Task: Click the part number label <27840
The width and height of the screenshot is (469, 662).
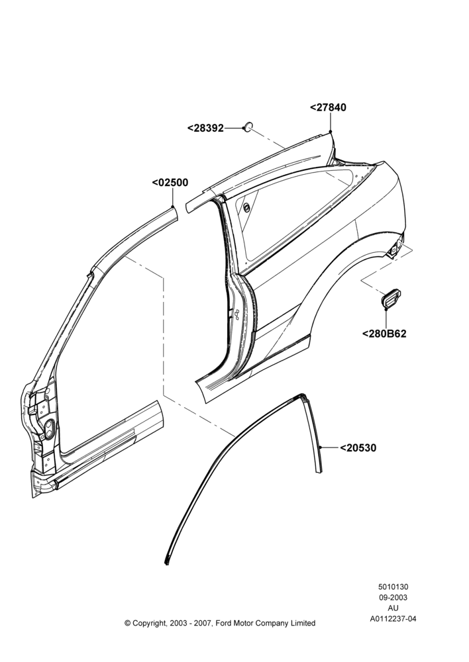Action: pos(328,108)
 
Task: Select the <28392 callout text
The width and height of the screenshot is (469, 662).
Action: pos(205,128)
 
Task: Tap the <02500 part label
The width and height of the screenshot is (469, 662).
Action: pos(170,183)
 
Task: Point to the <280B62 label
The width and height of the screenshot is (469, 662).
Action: pos(384,334)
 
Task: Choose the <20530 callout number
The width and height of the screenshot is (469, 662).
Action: pos(358,448)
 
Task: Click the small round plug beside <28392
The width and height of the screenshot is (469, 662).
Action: pos(248,126)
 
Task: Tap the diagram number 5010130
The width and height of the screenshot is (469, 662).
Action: pos(393,587)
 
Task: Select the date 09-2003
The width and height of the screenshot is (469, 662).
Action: pos(393,597)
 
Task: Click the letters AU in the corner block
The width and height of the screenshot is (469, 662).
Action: pos(393,608)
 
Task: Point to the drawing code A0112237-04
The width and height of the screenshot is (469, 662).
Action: pos(393,619)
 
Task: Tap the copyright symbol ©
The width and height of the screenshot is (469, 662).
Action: pos(127,623)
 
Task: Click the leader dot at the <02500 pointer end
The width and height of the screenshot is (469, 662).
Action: pos(173,206)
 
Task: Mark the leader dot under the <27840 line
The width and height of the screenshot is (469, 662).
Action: pos(331,132)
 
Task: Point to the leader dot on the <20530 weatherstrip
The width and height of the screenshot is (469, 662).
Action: pos(321,447)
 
